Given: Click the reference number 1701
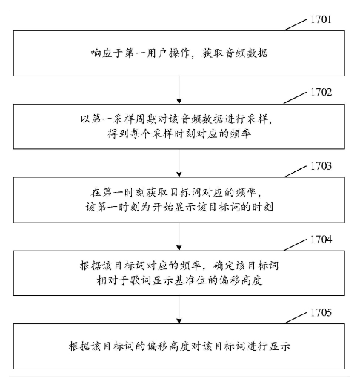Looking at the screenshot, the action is tap(321, 19).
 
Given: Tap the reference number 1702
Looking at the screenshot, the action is tap(321, 92).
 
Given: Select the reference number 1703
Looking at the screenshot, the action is tap(321, 166).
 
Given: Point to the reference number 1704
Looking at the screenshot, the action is tap(321, 240).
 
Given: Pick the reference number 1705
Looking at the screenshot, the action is tap(321, 312).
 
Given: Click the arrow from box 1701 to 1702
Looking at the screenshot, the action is tap(179, 90).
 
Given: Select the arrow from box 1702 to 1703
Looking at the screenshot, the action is tap(179, 163).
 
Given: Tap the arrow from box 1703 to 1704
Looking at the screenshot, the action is tap(179, 237).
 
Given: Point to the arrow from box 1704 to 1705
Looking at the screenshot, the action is tap(179, 309).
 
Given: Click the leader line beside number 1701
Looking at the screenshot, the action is tap(295, 25).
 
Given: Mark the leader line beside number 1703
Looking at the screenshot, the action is tap(295, 172).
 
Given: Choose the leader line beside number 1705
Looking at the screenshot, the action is tap(295, 318).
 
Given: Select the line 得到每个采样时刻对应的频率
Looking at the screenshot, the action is tap(179, 134).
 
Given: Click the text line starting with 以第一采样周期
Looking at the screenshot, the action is tap(176, 119).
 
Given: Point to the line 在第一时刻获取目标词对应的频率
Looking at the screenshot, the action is tap(176, 192).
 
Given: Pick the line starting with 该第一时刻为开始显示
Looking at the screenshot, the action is tap(179, 207).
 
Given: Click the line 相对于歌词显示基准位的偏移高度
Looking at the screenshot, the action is tap(179, 280).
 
